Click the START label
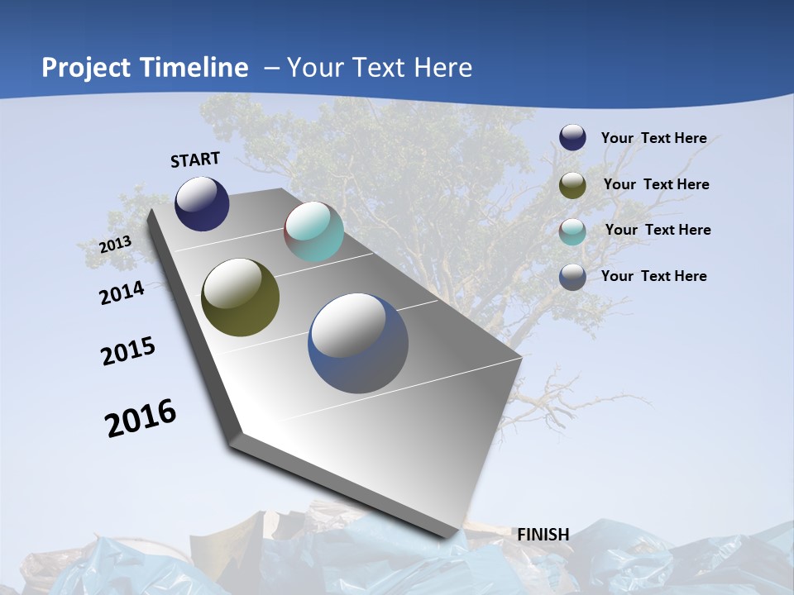pyautogui.click(x=195, y=159)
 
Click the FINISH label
pyautogui.click(x=543, y=535)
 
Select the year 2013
pyautogui.click(x=116, y=245)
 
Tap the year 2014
pyautogui.click(x=122, y=293)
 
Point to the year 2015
pyautogui.click(x=128, y=351)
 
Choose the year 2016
pyautogui.click(x=141, y=418)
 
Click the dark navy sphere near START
pyautogui.click(x=202, y=203)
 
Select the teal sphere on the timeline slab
pyautogui.click(x=313, y=231)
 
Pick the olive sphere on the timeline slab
pyautogui.click(x=240, y=297)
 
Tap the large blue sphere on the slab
pyautogui.click(x=358, y=343)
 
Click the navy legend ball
pyautogui.click(x=572, y=137)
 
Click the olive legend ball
pyautogui.click(x=572, y=185)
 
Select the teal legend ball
pyautogui.click(x=572, y=231)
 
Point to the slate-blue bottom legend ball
pyautogui.click(x=572, y=277)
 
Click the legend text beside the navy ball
pyautogui.click(x=653, y=138)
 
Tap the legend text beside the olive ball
pyautogui.click(x=656, y=184)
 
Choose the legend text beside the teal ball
pyautogui.click(x=658, y=230)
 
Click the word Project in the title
pyautogui.click(x=88, y=68)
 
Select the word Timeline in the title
pyautogui.click(x=194, y=68)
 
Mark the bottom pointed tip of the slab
pyautogui.click(x=451, y=535)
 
